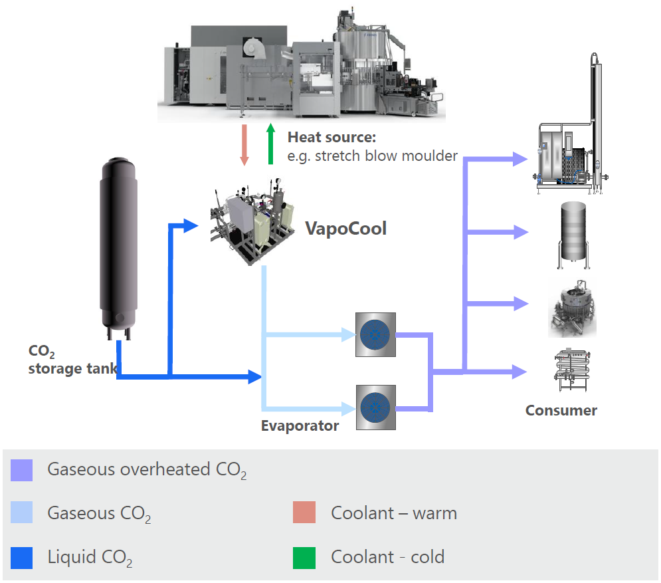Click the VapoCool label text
(345, 229)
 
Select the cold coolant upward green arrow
(270, 144)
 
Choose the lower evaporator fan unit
(375, 407)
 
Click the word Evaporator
(300, 426)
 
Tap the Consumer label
(561, 410)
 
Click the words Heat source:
(331, 138)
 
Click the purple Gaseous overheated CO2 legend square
(22, 470)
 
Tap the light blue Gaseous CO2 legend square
(22, 514)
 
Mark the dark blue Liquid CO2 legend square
(22, 558)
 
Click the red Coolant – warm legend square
(304, 514)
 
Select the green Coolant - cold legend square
(304, 558)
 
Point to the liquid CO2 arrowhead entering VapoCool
(192, 226)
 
